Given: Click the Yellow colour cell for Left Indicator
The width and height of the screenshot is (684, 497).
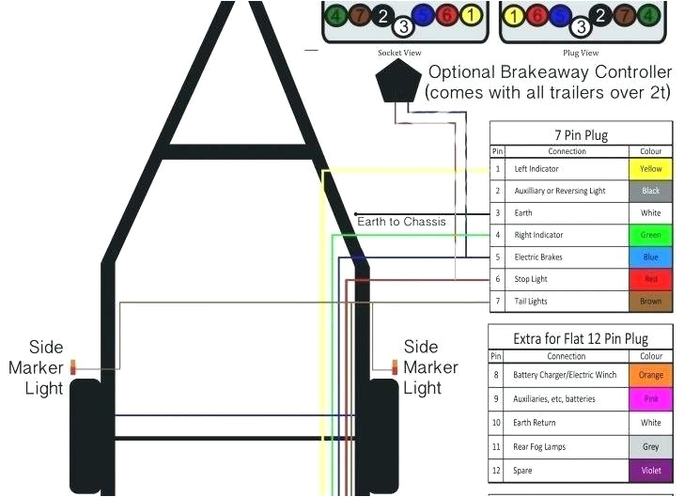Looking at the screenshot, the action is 650,169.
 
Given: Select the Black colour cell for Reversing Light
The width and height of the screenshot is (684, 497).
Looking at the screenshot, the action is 650,191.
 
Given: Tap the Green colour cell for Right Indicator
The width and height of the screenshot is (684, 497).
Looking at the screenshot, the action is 650,235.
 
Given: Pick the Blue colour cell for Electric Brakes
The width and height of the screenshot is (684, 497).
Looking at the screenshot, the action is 650,256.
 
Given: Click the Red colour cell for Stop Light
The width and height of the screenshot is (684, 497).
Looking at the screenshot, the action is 650,279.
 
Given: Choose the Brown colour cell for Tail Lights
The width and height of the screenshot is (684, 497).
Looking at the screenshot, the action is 650,302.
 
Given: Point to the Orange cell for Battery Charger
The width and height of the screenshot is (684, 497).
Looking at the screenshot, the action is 650,375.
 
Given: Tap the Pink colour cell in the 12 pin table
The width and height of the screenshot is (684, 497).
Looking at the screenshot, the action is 650,399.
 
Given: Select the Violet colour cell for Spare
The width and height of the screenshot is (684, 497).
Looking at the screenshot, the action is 650,470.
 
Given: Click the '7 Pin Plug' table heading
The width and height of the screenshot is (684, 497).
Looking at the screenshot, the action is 582,134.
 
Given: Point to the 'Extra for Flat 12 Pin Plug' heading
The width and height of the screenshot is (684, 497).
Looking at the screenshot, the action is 581,338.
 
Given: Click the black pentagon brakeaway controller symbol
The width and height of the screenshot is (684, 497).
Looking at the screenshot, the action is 397,84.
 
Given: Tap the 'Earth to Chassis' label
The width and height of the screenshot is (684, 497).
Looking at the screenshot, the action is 401,222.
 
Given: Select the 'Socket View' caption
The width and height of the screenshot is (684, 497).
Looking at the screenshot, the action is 399,53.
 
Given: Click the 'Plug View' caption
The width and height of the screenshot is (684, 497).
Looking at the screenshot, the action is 581,53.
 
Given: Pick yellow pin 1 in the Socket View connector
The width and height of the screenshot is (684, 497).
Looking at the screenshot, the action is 472,15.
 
